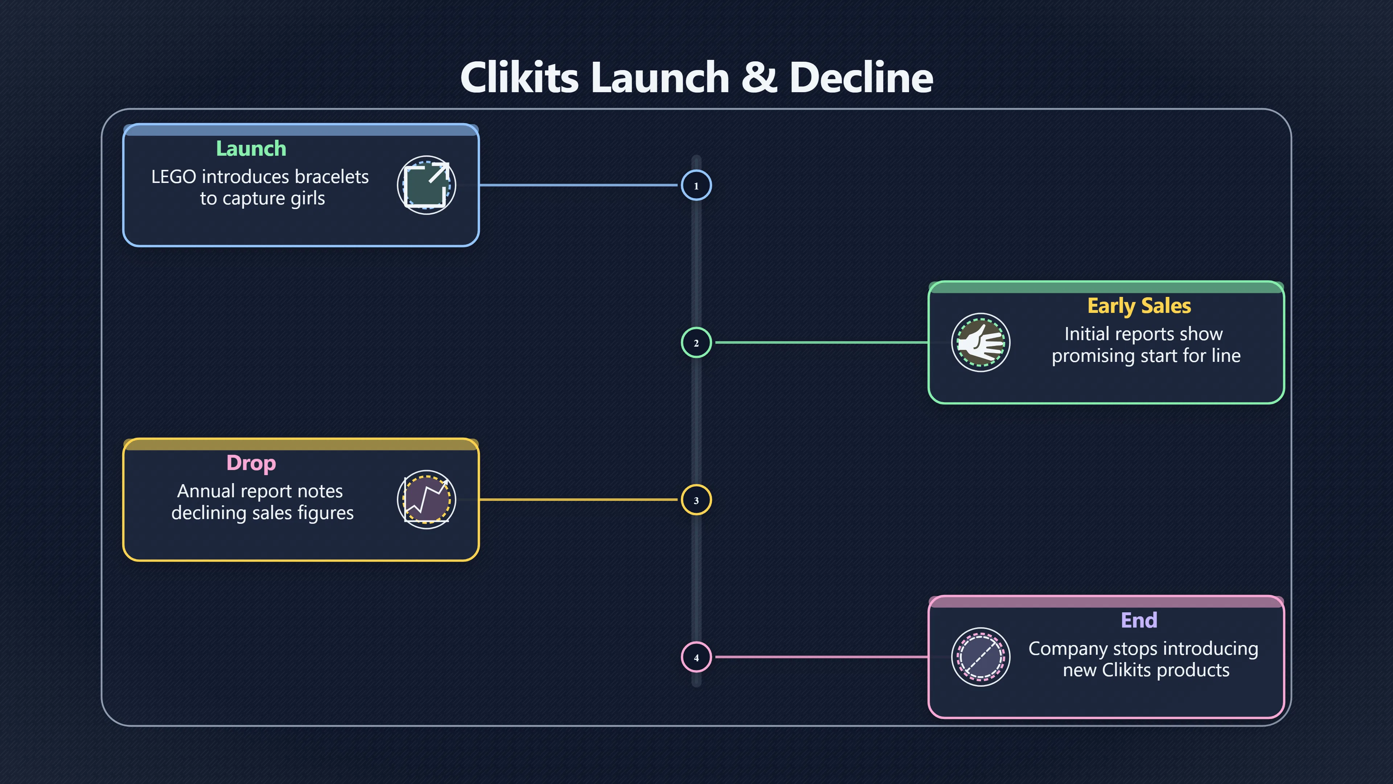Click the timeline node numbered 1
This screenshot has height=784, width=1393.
pyautogui.click(x=696, y=185)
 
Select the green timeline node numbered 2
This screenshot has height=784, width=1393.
pyautogui.click(x=696, y=343)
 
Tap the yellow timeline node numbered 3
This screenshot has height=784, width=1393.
pyautogui.click(x=696, y=500)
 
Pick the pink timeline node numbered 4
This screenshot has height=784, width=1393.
pyautogui.click(x=696, y=657)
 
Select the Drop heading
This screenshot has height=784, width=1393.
pyautogui.click(x=251, y=463)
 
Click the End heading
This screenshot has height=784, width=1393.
pyautogui.click(x=1139, y=620)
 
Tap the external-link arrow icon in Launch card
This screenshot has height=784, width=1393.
pyautogui.click(x=427, y=185)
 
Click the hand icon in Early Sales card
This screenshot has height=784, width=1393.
pyautogui.click(x=981, y=343)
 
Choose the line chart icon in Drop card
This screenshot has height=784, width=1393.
pyautogui.click(x=427, y=499)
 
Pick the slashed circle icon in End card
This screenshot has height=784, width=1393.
pyautogui.click(x=981, y=657)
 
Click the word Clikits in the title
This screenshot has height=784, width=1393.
pyautogui.click(x=519, y=77)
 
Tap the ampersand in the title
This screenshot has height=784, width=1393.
pyautogui.click(x=759, y=77)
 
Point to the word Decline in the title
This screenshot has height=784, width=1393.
pyautogui.click(x=861, y=77)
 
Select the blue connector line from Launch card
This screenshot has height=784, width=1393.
pyautogui.click(x=578, y=185)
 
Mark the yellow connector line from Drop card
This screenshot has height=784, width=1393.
pyautogui.click(x=578, y=499)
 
